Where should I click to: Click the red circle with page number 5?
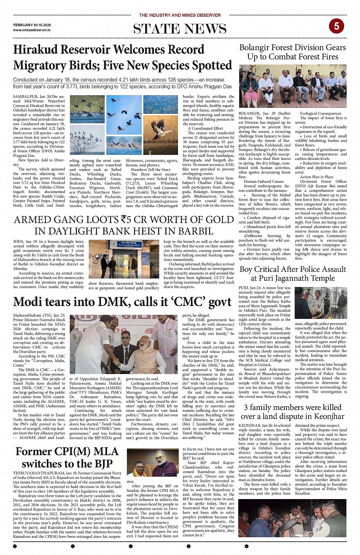336,26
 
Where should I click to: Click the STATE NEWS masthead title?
180,29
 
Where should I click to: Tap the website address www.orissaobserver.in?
32,30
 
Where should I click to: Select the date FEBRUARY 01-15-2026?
32,25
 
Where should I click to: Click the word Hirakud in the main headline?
35,49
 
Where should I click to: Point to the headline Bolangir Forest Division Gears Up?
293,52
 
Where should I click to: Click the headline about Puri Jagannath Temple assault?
293,273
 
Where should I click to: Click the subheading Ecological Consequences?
320,113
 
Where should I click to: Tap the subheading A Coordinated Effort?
205,128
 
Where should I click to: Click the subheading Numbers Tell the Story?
151,169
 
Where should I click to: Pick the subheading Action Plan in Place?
317,177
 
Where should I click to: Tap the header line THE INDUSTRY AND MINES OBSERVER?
180,15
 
